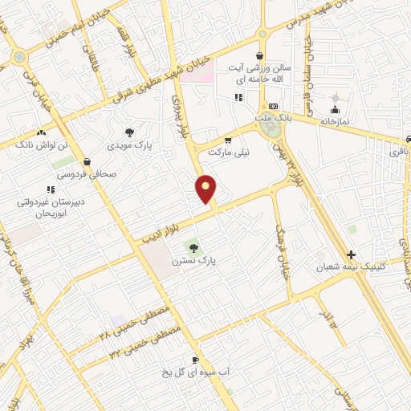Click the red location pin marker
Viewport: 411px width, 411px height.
[x=206, y=188]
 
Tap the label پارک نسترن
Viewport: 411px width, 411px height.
[x=194, y=261]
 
